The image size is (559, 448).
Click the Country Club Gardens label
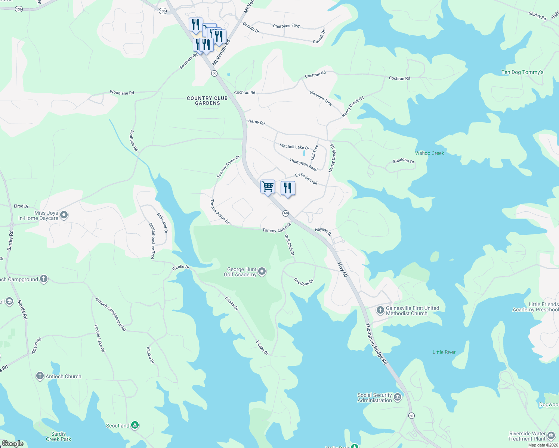click(207, 100)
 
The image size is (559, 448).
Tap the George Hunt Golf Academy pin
click(262, 271)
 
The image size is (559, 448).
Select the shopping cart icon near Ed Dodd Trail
click(268, 187)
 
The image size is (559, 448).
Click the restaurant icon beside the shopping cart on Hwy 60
click(288, 188)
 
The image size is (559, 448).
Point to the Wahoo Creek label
click(429, 153)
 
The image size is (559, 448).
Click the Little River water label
click(444, 352)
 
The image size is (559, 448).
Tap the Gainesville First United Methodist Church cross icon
click(380, 310)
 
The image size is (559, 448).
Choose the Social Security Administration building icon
click(398, 397)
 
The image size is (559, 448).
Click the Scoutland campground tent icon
click(135, 425)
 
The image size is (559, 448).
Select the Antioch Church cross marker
click(40, 376)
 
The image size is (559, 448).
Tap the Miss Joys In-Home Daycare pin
click(64, 215)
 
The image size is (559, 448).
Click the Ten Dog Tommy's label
click(522, 72)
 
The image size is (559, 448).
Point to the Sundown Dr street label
click(404, 161)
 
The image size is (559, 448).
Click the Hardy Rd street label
click(256, 122)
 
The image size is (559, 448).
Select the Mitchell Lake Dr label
click(294, 147)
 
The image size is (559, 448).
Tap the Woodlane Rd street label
click(122, 93)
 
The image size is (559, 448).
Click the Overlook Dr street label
click(303, 282)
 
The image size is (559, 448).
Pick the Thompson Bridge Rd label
click(376, 344)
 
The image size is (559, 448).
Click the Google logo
click(12, 444)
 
